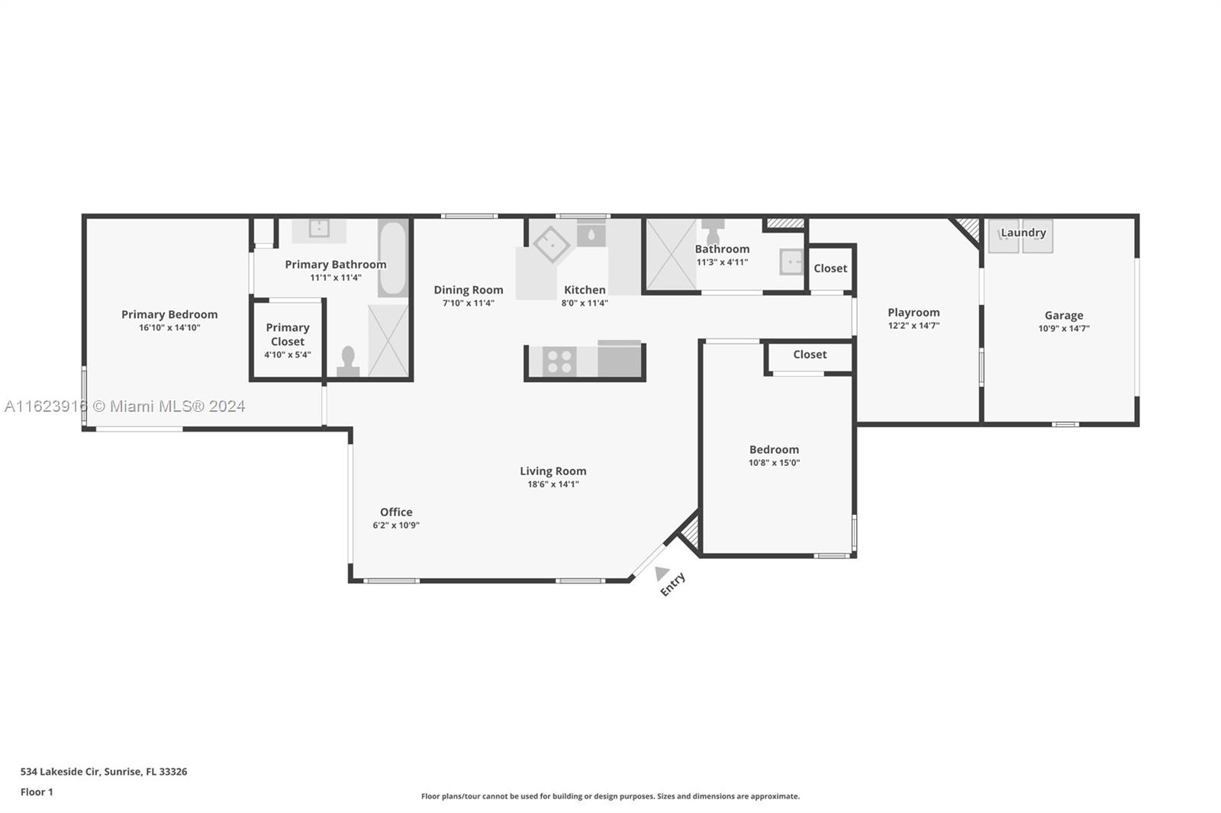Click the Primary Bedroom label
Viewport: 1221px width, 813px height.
point(169,314)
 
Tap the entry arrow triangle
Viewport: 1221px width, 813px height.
point(661,573)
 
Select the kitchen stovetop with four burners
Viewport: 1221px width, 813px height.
point(559,361)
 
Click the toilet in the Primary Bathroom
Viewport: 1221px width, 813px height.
point(348,362)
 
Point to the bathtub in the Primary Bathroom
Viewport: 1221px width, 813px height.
point(393,259)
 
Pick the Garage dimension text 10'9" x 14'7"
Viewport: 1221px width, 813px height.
point(1064,329)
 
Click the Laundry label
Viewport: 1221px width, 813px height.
point(1023,233)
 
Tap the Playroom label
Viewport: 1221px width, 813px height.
point(913,312)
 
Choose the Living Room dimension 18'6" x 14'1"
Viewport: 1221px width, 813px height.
point(553,484)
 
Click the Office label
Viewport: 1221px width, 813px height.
point(396,512)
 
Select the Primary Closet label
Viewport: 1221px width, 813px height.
point(288,334)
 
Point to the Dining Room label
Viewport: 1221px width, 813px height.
point(469,290)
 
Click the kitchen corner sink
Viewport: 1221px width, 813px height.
point(551,244)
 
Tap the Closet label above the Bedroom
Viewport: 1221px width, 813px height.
point(810,354)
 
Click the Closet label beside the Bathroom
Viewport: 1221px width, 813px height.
point(830,268)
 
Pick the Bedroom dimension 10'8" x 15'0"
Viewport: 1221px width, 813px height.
point(774,463)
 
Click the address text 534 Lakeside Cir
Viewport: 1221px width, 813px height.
point(60,772)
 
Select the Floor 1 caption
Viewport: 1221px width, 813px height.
point(37,792)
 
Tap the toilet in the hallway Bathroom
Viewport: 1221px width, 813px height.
point(713,231)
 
